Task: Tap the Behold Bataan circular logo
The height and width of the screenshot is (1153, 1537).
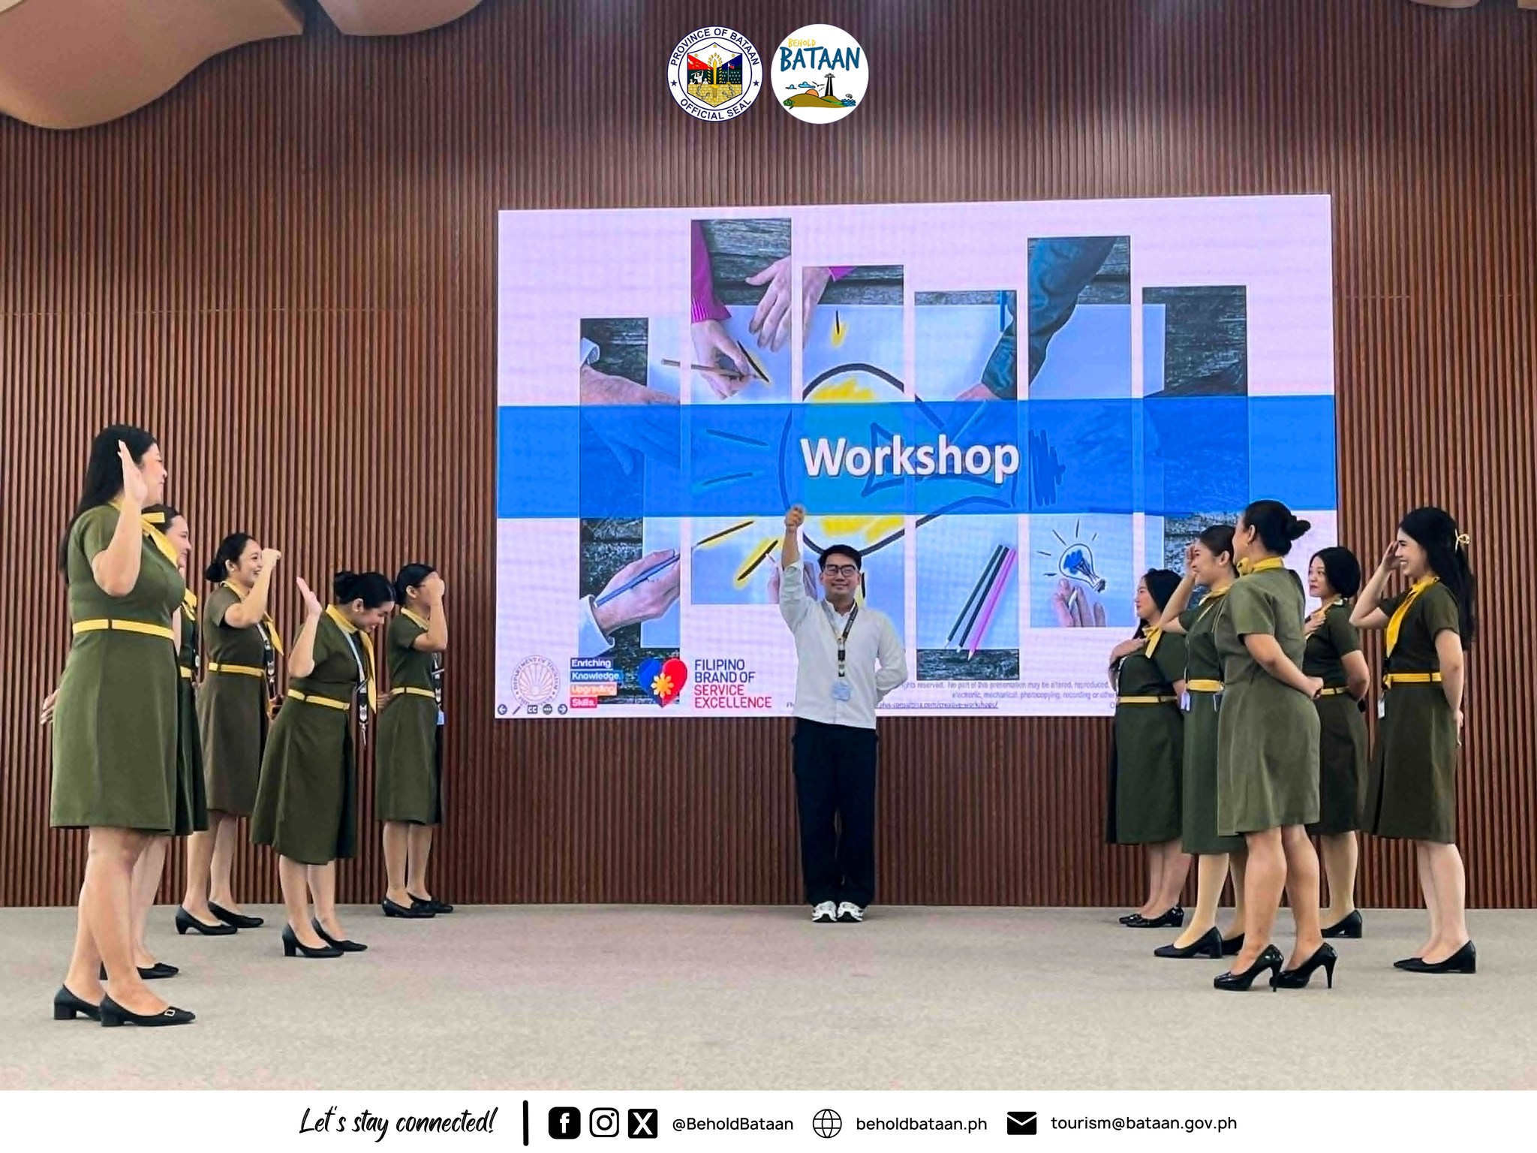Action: pos(820,74)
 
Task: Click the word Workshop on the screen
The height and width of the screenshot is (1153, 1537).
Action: pos(910,457)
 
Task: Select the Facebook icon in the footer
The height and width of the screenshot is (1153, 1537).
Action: pos(564,1123)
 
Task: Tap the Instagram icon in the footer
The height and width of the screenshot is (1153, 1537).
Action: pos(603,1123)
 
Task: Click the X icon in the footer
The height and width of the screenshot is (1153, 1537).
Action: pos(642,1123)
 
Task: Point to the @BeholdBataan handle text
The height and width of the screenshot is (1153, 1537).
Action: pos(732,1124)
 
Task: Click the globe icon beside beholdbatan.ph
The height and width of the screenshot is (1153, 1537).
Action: pos(827,1123)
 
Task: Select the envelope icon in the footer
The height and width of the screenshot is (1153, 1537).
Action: pos(1021,1123)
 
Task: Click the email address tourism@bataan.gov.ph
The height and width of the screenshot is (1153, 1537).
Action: pos(1143,1123)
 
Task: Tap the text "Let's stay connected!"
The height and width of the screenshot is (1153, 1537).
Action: pos(397,1123)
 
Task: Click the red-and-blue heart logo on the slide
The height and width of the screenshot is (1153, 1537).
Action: pos(663,680)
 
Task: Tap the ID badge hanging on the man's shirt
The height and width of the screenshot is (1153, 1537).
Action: pos(843,690)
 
